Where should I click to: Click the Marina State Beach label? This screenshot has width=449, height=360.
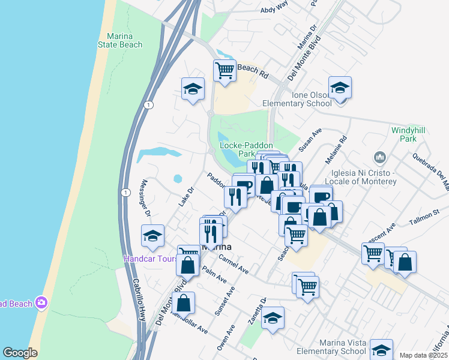tap(121, 40)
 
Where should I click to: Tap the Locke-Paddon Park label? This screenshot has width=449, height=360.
tap(246, 149)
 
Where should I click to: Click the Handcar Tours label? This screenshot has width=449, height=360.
tap(151, 259)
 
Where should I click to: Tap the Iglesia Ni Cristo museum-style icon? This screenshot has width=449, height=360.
tap(379, 158)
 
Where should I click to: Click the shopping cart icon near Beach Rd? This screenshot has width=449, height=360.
tap(224, 70)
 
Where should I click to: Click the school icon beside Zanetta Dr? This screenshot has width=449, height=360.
tap(273, 317)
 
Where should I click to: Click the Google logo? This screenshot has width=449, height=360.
tap(20, 353)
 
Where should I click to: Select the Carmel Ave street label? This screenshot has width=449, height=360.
tap(234, 264)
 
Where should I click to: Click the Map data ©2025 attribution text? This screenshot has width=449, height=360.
tap(424, 355)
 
